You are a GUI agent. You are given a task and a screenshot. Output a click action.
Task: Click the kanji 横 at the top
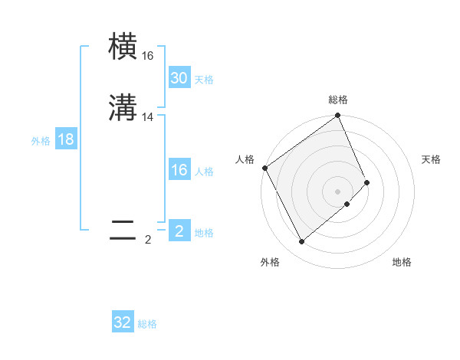click(x=123, y=46)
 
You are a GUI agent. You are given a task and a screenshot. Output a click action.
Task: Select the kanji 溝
click(x=123, y=107)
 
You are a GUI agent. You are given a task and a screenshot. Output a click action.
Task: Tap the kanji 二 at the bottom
click(x=123, y=231)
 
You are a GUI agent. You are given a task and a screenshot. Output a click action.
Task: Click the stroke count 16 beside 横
click(x=147, y=56)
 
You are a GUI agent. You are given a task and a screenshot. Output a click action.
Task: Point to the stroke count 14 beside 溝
click(x=148, y=117)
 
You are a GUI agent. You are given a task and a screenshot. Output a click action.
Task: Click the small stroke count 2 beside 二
click(x=148, y=240)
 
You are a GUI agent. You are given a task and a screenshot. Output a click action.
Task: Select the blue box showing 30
click(x=179, y=78)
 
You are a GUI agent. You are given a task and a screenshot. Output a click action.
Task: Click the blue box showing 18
click(x=66, y=139)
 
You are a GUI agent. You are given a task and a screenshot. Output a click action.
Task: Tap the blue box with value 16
click(x=179, y=170)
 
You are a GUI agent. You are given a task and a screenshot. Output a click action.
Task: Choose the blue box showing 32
click(x=123, y=322)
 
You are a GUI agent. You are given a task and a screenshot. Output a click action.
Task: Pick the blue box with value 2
click(x=179, y=231)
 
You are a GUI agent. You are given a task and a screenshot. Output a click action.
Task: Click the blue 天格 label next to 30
click(x=204, y=80)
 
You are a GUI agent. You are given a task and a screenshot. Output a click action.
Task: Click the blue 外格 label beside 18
click(x=41, y=141)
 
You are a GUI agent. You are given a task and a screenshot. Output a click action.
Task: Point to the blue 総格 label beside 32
click(x=147, y=324)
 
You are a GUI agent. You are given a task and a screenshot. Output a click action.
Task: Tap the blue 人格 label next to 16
click(x=204, y=172)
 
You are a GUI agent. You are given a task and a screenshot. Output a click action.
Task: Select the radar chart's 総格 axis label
click(x=338, y=100)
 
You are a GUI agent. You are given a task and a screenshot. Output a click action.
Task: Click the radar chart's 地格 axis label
click(x=402, y=262)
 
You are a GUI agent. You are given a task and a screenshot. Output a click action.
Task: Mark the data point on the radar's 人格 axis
click(x=264, y=168)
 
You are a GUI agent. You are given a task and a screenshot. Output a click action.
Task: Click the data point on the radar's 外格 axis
click(x=301, y=242)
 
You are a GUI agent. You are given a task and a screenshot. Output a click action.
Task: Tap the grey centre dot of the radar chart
click(x=338, y=191)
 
